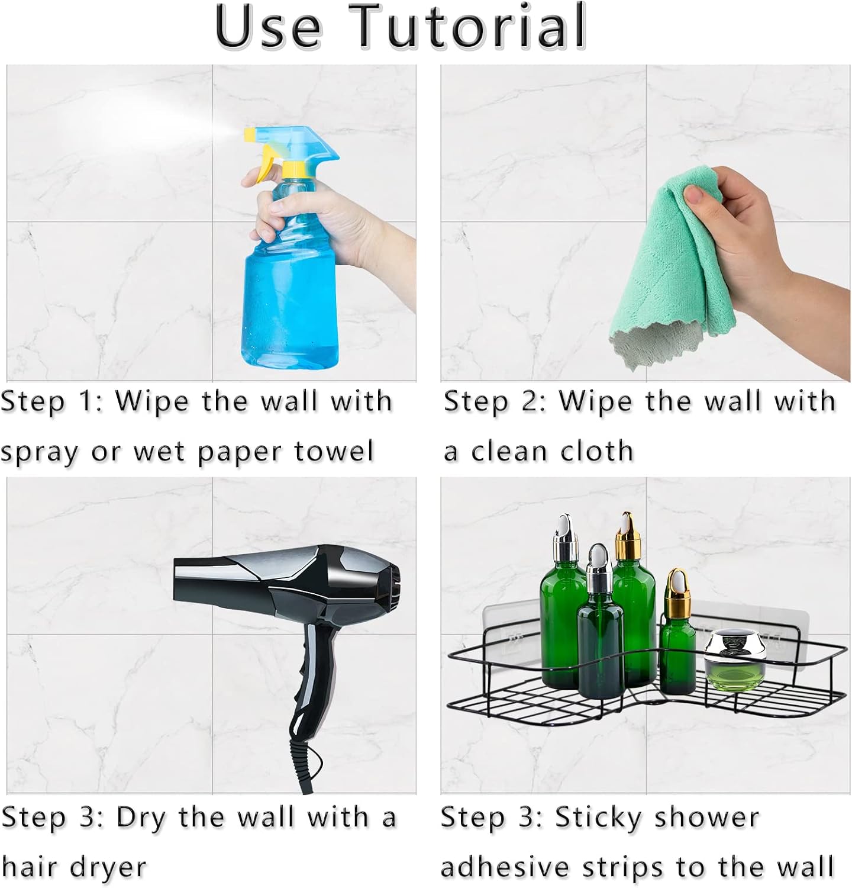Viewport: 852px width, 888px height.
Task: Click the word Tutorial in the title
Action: click(472, 27)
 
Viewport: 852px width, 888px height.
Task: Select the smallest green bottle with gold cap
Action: click(677, 639)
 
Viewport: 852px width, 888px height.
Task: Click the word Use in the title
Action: click(269, 27)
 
